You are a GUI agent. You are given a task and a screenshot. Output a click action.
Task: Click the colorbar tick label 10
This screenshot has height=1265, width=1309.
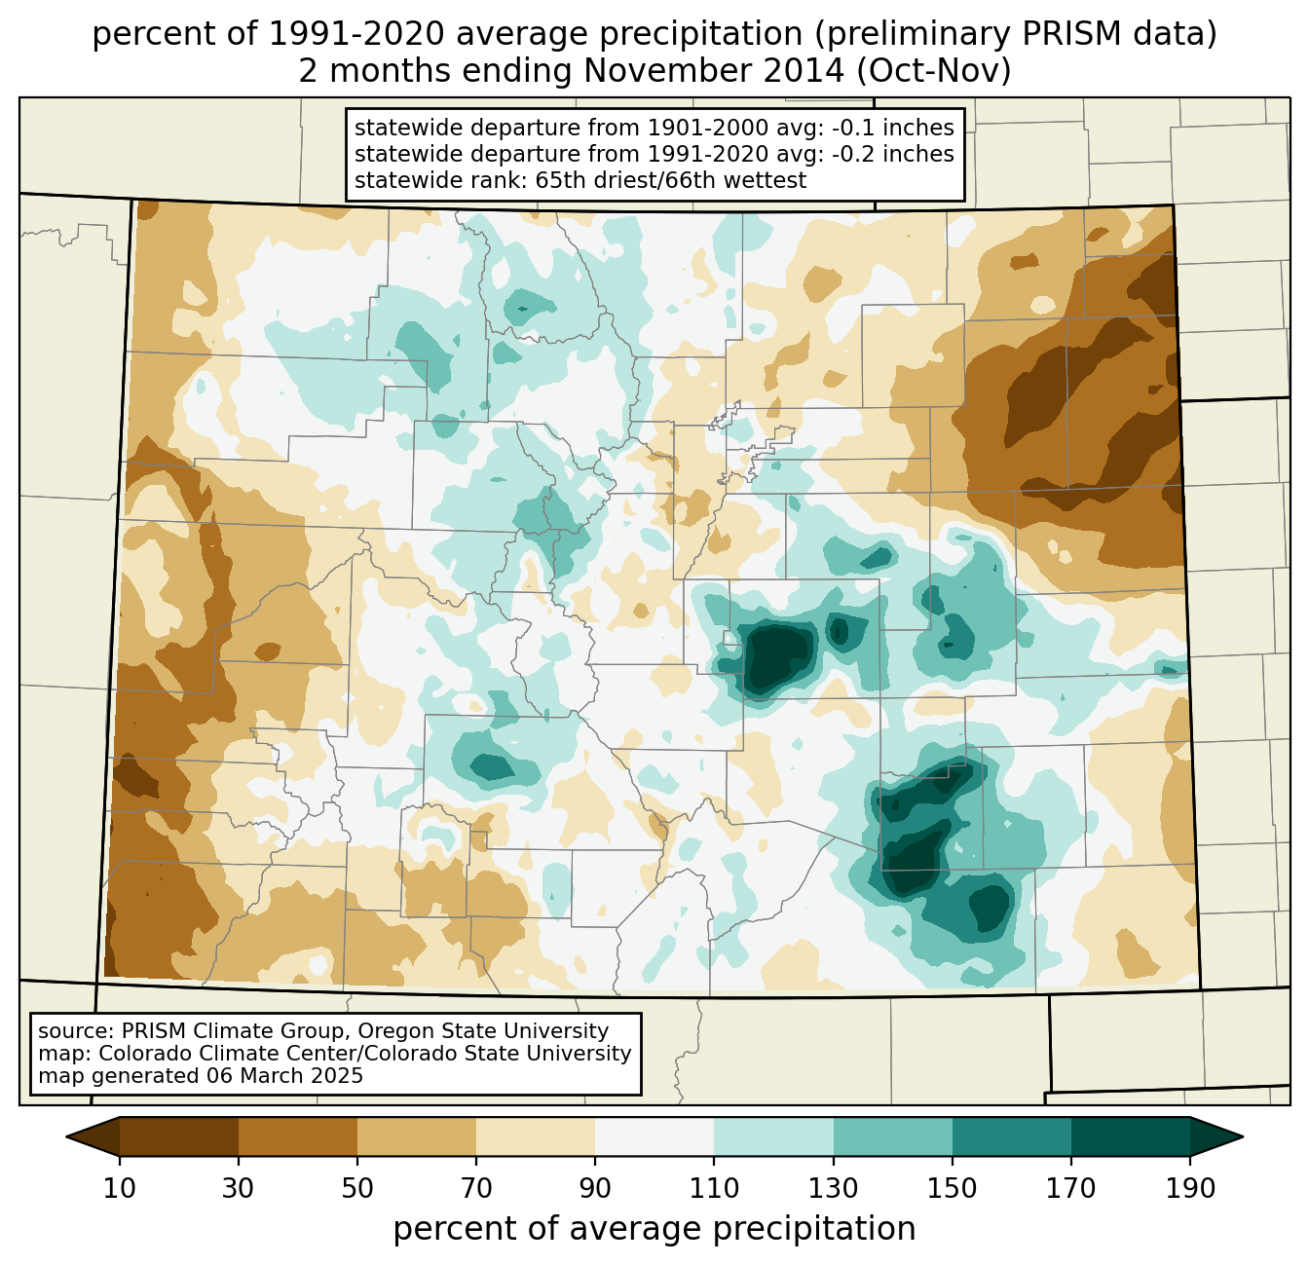[120, 1189]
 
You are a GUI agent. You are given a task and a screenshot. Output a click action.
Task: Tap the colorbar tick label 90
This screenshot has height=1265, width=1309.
[595, 1189]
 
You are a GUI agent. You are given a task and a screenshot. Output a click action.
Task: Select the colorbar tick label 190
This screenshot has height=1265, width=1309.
[1190, 1189]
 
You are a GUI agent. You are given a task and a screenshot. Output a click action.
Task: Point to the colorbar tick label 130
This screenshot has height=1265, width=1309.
[834, 1189]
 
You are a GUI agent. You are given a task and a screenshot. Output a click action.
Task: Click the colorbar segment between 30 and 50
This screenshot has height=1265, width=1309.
[298, 1136]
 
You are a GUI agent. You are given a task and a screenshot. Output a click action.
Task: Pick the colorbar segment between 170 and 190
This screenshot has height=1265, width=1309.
[1131, 1136]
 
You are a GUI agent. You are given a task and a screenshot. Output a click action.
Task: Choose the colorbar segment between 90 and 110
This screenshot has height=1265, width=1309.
[654, 1136]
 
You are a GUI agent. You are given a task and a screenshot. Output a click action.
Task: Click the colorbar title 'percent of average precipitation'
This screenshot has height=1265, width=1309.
[654, 1229]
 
